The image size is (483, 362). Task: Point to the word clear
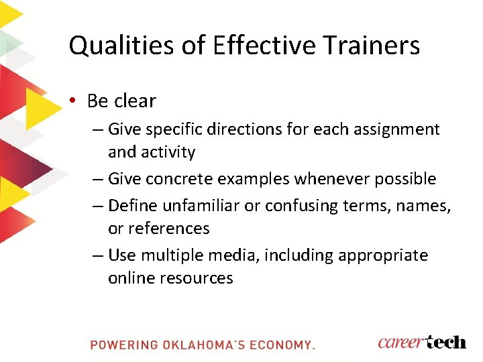(134, 101)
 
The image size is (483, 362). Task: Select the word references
(168, 228)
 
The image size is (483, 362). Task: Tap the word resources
(197, 278)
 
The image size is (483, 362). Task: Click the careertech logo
(421, 342)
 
